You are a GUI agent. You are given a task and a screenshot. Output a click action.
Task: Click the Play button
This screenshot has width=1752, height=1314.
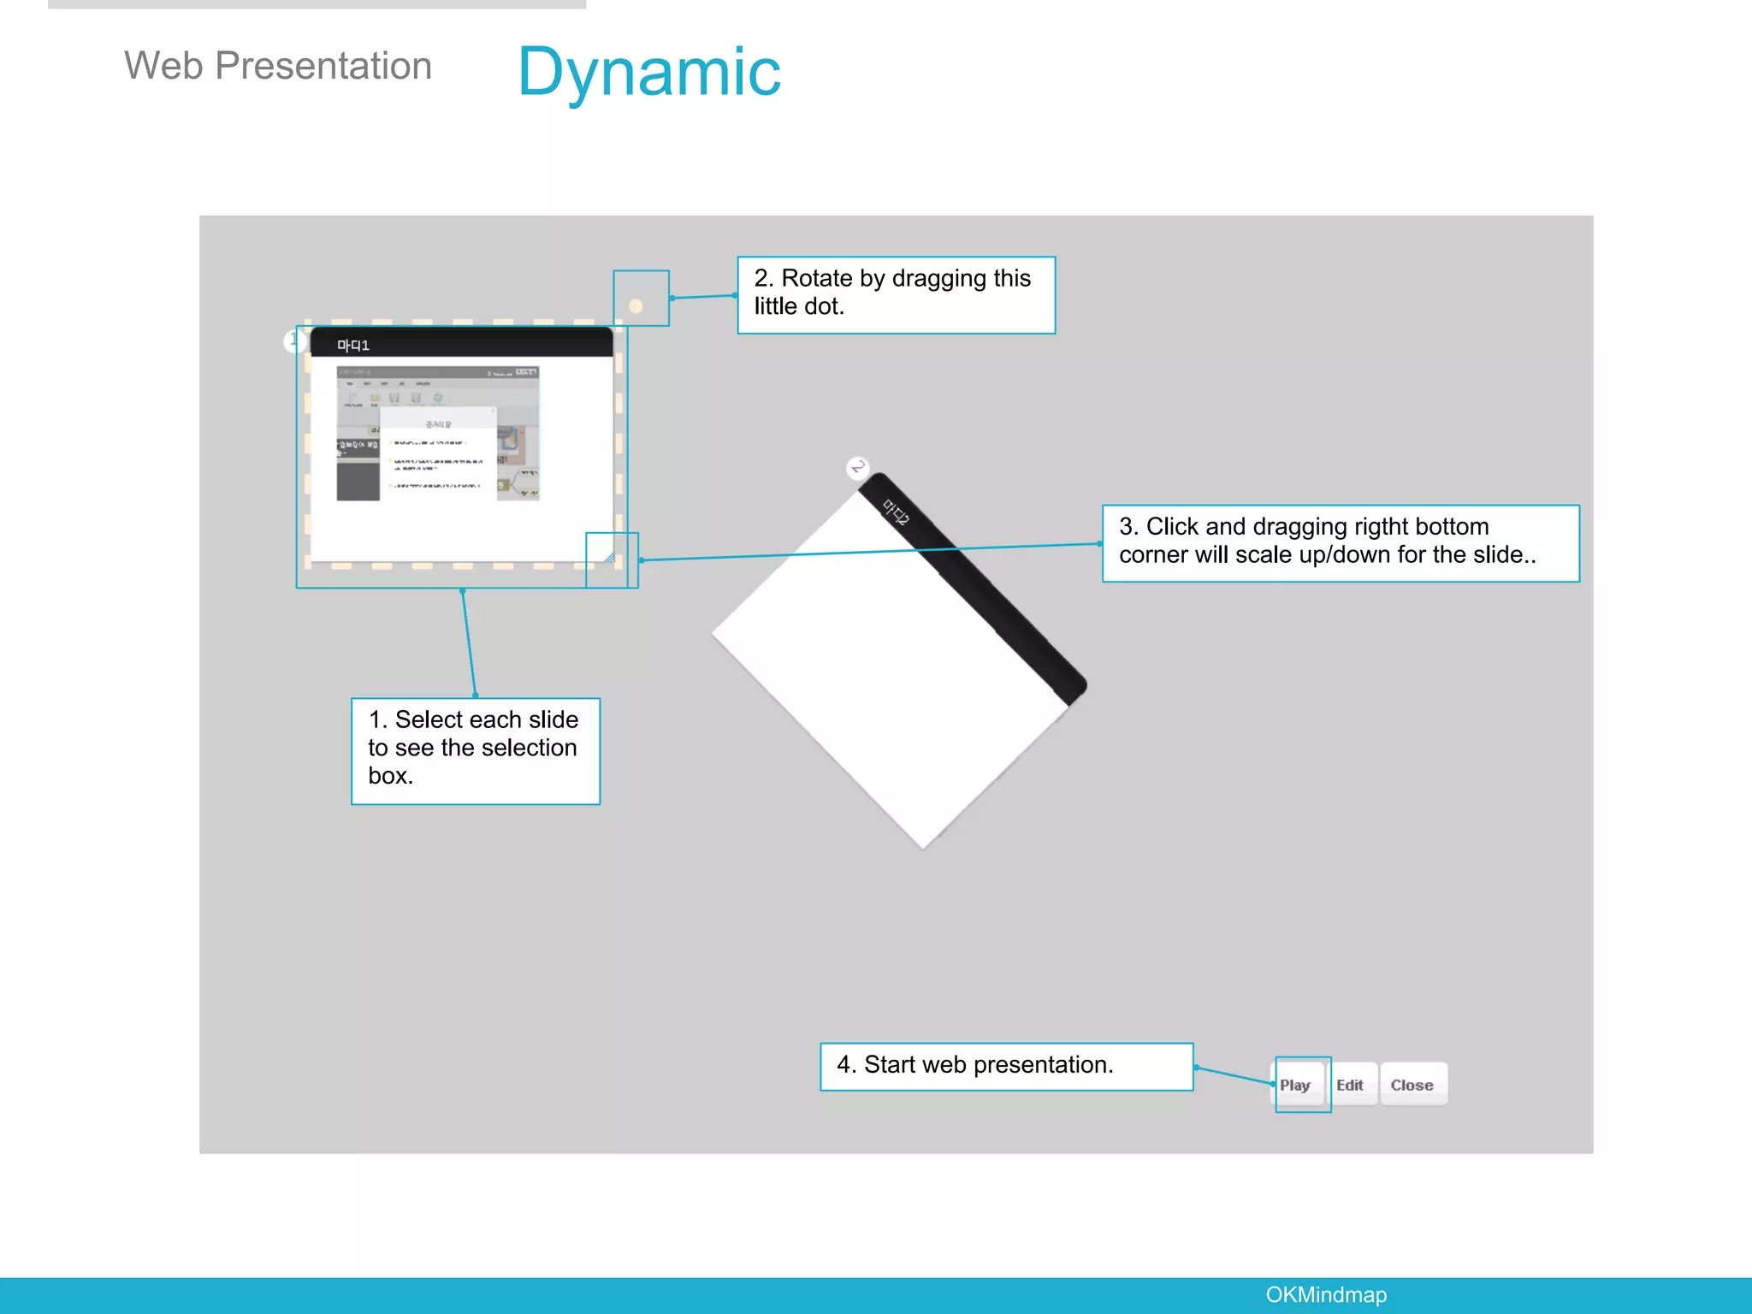pyautogui.click(x=1295, y=1085)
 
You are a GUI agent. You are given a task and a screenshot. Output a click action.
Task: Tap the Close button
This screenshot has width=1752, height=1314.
pyautogui.click(x=1412, y=1085)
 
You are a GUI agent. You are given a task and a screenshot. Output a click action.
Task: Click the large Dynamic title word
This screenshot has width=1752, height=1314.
pyautogui.click(x=649, y=73)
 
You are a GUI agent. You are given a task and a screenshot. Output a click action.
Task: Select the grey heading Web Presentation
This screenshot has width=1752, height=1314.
pyautogui.click(x=278, y=66)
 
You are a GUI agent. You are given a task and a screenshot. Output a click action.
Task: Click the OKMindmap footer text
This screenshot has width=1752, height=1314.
pyautogui.click(x=1326, y=1294)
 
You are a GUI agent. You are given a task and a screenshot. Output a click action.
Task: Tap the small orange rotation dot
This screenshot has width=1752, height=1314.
pyautogui.click(x=636, y=305)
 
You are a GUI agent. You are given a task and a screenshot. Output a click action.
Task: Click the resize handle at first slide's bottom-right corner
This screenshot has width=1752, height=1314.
pyautogui.click(x=610, y=558)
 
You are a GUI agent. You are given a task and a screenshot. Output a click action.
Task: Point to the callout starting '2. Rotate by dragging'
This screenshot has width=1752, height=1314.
pyautogui.click(x=896, y=293)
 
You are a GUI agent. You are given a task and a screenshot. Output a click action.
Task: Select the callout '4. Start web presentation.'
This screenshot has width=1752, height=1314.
pyautogui.click(x=1006, y=1065)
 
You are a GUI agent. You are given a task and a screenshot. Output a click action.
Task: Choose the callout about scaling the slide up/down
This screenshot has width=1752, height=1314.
pyautogui.click(x=1340, y=542)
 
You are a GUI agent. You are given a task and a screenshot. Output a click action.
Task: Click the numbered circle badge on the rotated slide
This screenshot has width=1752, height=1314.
pyautogui.click(x=858, y=467)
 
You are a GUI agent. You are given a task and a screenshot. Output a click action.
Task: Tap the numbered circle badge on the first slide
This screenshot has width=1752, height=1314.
pyautogui.click(x=293, y=340)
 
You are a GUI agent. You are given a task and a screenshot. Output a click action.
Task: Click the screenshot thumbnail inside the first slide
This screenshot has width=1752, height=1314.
pyautogui.click(x=438, y=434)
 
